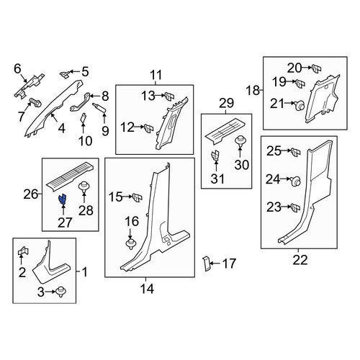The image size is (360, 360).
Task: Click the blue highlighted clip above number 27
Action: [x=63, y=199]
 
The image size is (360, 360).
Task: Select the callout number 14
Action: [x=147, y=289]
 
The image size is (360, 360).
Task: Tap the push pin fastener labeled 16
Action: [x=130, y=244]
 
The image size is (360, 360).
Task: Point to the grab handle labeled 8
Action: [x=80, y=102]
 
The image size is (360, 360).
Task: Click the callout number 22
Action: [x=300, y=260]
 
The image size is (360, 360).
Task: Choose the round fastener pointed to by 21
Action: [x=300, y=105]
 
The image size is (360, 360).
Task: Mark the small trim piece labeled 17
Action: [x=207, y=264]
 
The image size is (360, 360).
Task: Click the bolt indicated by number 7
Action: [x=35, y=103]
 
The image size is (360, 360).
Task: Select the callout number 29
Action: [x=226, y=103]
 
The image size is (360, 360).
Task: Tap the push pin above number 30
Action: [x=240, y=142]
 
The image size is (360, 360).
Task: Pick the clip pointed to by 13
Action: [x=170, y=96]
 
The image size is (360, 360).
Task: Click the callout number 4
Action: [x=62, y=128]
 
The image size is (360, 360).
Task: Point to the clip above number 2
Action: [x=23, y=251]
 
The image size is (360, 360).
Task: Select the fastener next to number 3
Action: [x=61, y=292]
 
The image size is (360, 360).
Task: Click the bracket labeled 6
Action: [x=30, y=86]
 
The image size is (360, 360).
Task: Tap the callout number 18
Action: [x=253, y=91]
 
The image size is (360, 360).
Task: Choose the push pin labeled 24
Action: [x=296, y=181]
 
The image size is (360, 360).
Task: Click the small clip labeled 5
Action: [x=64, y=74]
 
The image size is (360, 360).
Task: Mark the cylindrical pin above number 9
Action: [x=99, y=107]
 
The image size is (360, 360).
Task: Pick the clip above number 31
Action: [x=215, y=156]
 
